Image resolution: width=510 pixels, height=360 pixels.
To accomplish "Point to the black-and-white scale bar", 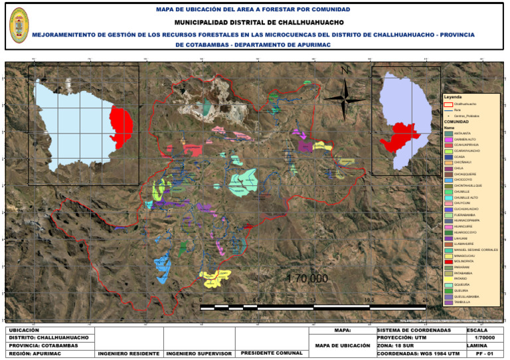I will pyautogui.click(x=313, y=307).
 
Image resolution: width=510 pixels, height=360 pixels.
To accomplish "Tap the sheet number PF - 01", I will pyautogui.click(x=488, y=353).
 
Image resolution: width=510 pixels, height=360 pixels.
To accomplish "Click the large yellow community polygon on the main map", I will pyautogui.click(x=216, y=278).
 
